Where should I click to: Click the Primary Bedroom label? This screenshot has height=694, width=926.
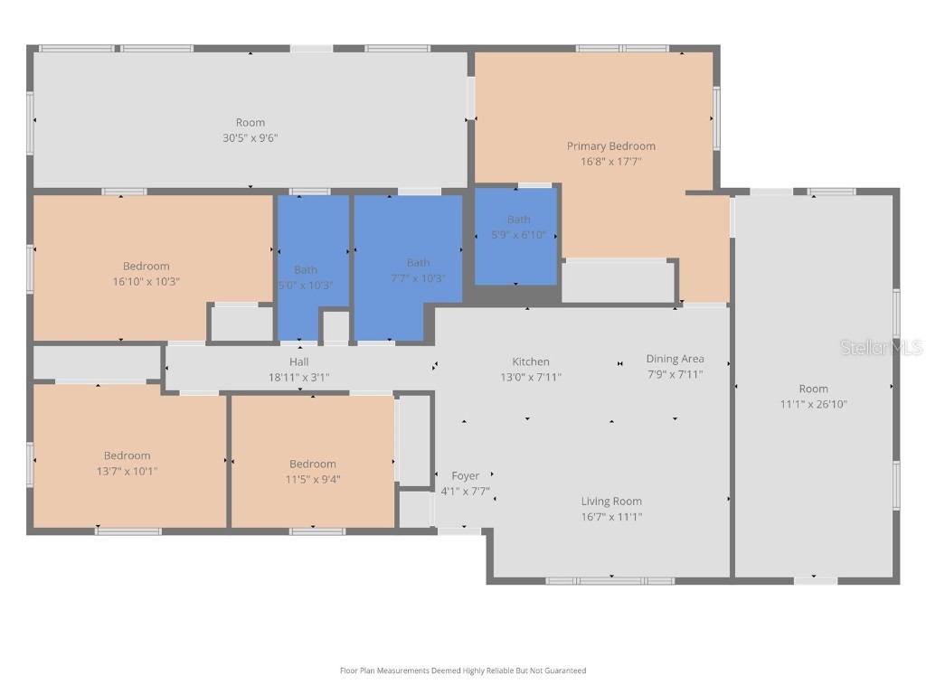[x=610, y=145]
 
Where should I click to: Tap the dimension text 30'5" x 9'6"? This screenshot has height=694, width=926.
[x=250, y=138]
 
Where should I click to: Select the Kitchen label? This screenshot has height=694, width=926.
[x=531, y=361]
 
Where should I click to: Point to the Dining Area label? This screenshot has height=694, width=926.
[x=675, y=359]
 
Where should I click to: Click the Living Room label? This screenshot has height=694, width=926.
[x=611, y=502]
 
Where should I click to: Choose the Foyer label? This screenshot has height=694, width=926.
[x=465, y=476]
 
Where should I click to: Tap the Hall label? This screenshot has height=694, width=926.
[x=299, y=361]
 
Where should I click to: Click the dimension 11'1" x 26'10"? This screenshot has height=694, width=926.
[x=813, y=404]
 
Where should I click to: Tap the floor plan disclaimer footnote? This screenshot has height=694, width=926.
[x=463, y=671]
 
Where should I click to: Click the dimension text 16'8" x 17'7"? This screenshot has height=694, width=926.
[x=610, y=162]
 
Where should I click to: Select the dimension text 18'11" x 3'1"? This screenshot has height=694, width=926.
[x=299, y=377]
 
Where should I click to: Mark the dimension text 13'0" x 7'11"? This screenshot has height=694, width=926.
[x=531, y=377]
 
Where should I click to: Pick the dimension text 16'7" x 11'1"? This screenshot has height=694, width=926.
[x=611, y=517]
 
